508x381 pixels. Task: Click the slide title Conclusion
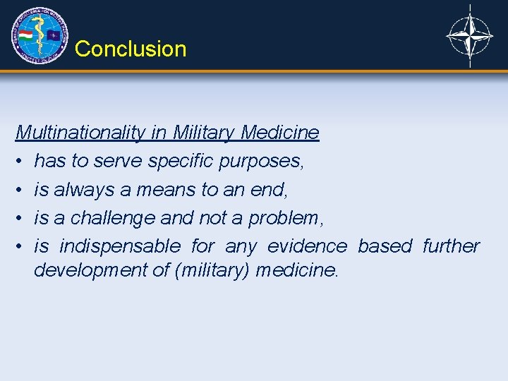pos(131,49)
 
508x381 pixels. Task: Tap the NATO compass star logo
pos(470,36)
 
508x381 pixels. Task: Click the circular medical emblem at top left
pos(40,35)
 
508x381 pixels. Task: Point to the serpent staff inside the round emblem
pos(40,36)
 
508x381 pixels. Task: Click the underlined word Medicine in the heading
pos(279,133)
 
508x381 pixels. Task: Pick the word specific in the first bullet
pos(181,161)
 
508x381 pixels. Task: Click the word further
pos(451,246)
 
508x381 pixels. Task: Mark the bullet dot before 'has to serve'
pos(20,162)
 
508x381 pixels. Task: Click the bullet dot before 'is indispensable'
pos(20,246)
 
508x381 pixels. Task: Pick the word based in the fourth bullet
pos(385,246)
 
